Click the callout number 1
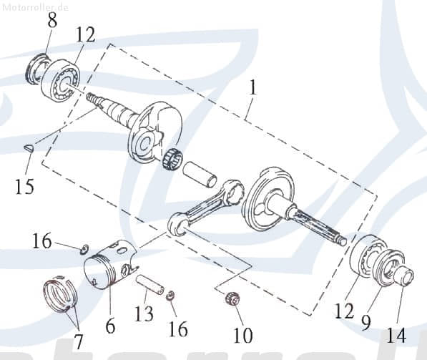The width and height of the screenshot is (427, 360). tap(252, 89)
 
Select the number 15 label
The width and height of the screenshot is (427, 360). tap(24, 188)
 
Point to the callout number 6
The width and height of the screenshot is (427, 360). tap(109, 326)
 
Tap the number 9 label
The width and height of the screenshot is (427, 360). tap(365, 323)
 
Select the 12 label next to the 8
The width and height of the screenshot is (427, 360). tap(85, 34)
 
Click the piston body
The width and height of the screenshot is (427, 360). tap(109, 269)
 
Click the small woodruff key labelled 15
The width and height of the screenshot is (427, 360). tap(28, 148)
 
